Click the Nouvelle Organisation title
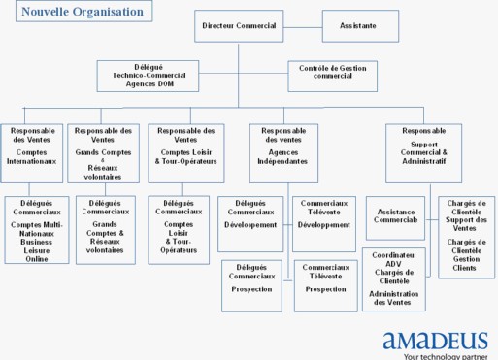pyautogui.click(x=76, y=12)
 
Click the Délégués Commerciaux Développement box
pyautogui.click(x=251, y=215)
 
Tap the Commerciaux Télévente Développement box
pyautogui.click(x=325, y=215)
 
